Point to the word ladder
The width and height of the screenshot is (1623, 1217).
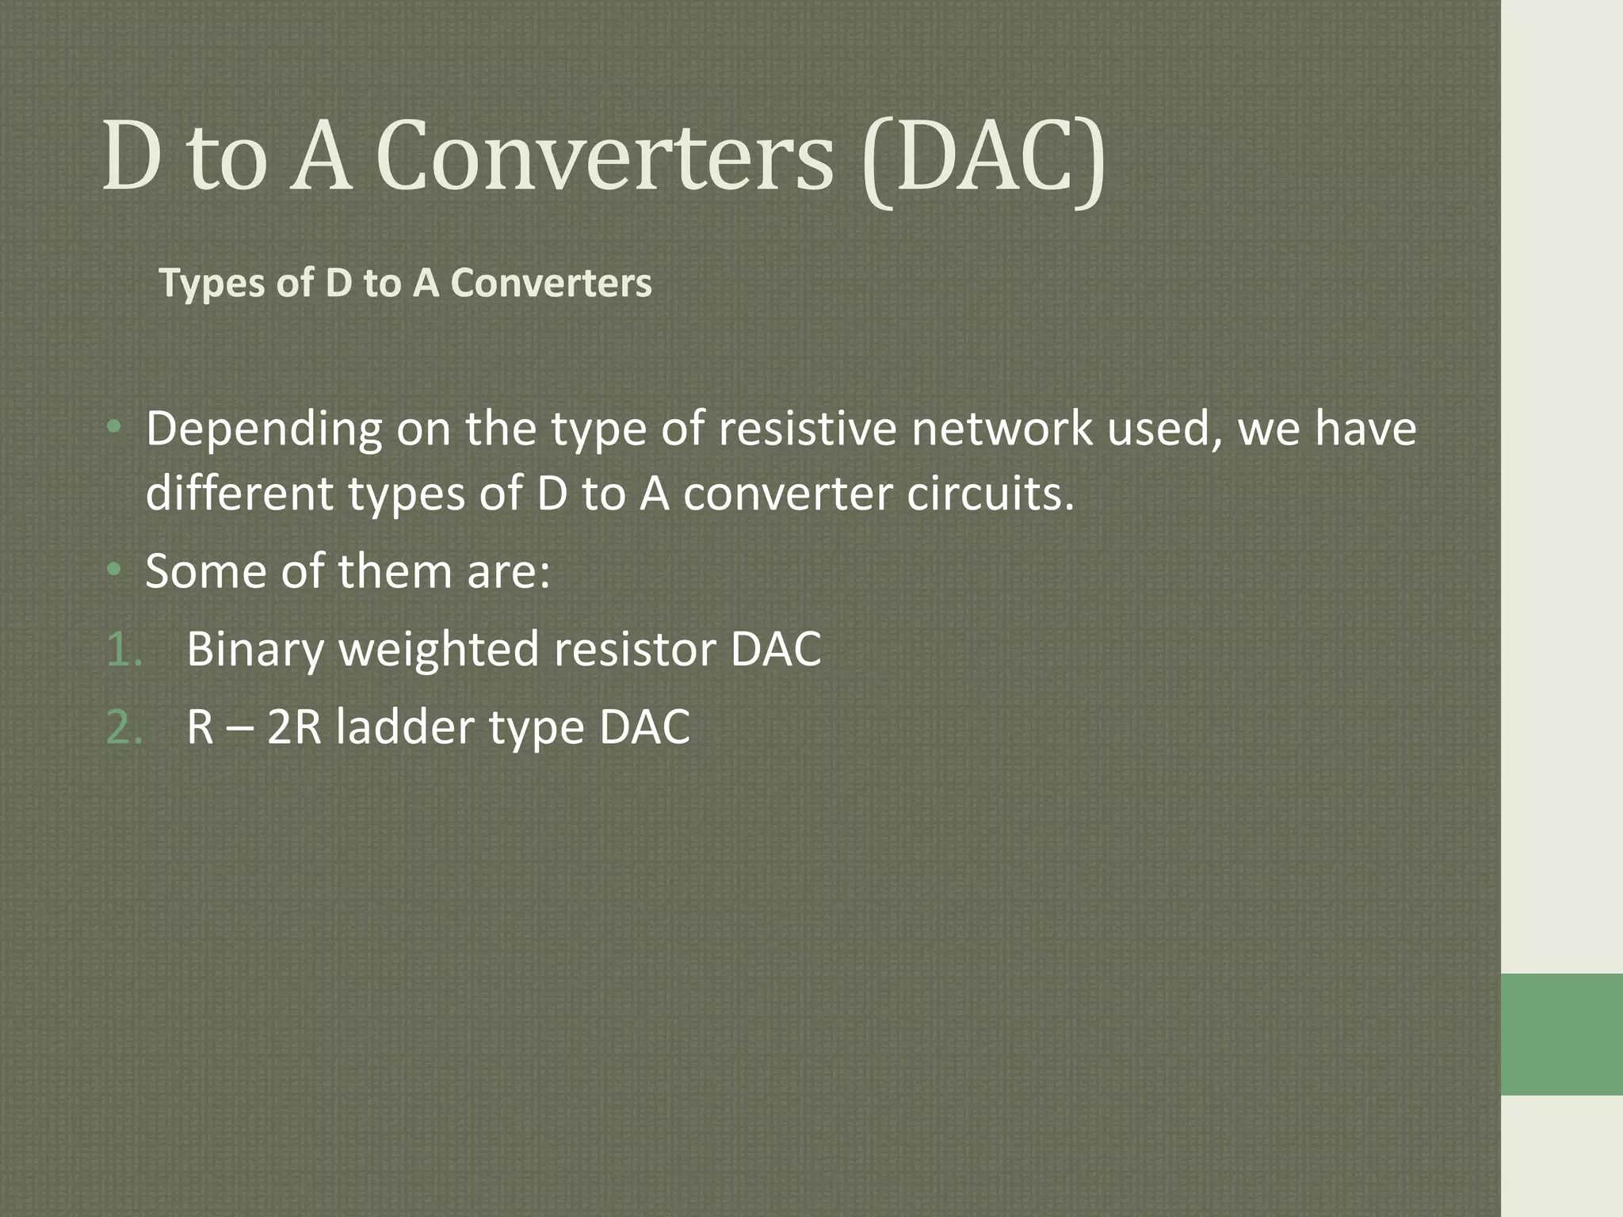coord(404,727)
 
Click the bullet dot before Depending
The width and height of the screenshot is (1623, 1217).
coord(116,429)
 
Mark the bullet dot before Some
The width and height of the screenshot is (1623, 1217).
coord(116,569)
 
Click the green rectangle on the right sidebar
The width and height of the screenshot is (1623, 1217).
coord(1561,1035)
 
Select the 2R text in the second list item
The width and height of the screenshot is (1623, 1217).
coord(294,727)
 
